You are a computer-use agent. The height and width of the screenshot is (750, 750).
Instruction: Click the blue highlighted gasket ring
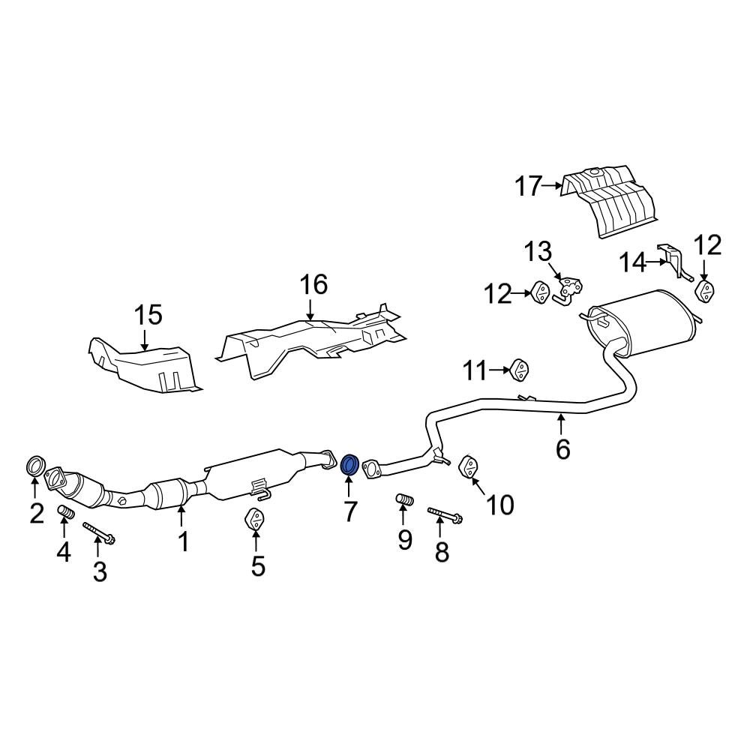(349, 464)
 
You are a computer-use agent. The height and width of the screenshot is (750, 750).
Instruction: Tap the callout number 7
(350, 511)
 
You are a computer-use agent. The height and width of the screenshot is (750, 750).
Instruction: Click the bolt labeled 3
(98, 532)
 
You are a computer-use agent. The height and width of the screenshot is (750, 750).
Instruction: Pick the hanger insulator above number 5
(255, 519)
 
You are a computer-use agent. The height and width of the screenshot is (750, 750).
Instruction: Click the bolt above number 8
(444, 515)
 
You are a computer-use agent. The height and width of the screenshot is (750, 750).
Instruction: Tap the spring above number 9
(404, 499)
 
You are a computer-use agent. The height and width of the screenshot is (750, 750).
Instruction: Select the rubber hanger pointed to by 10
(468, 466)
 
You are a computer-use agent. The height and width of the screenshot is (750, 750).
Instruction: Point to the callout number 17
(528, 185)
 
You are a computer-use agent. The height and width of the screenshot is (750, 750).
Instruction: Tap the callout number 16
(314, 285)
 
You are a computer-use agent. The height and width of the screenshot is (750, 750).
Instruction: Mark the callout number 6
(562, 448)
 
